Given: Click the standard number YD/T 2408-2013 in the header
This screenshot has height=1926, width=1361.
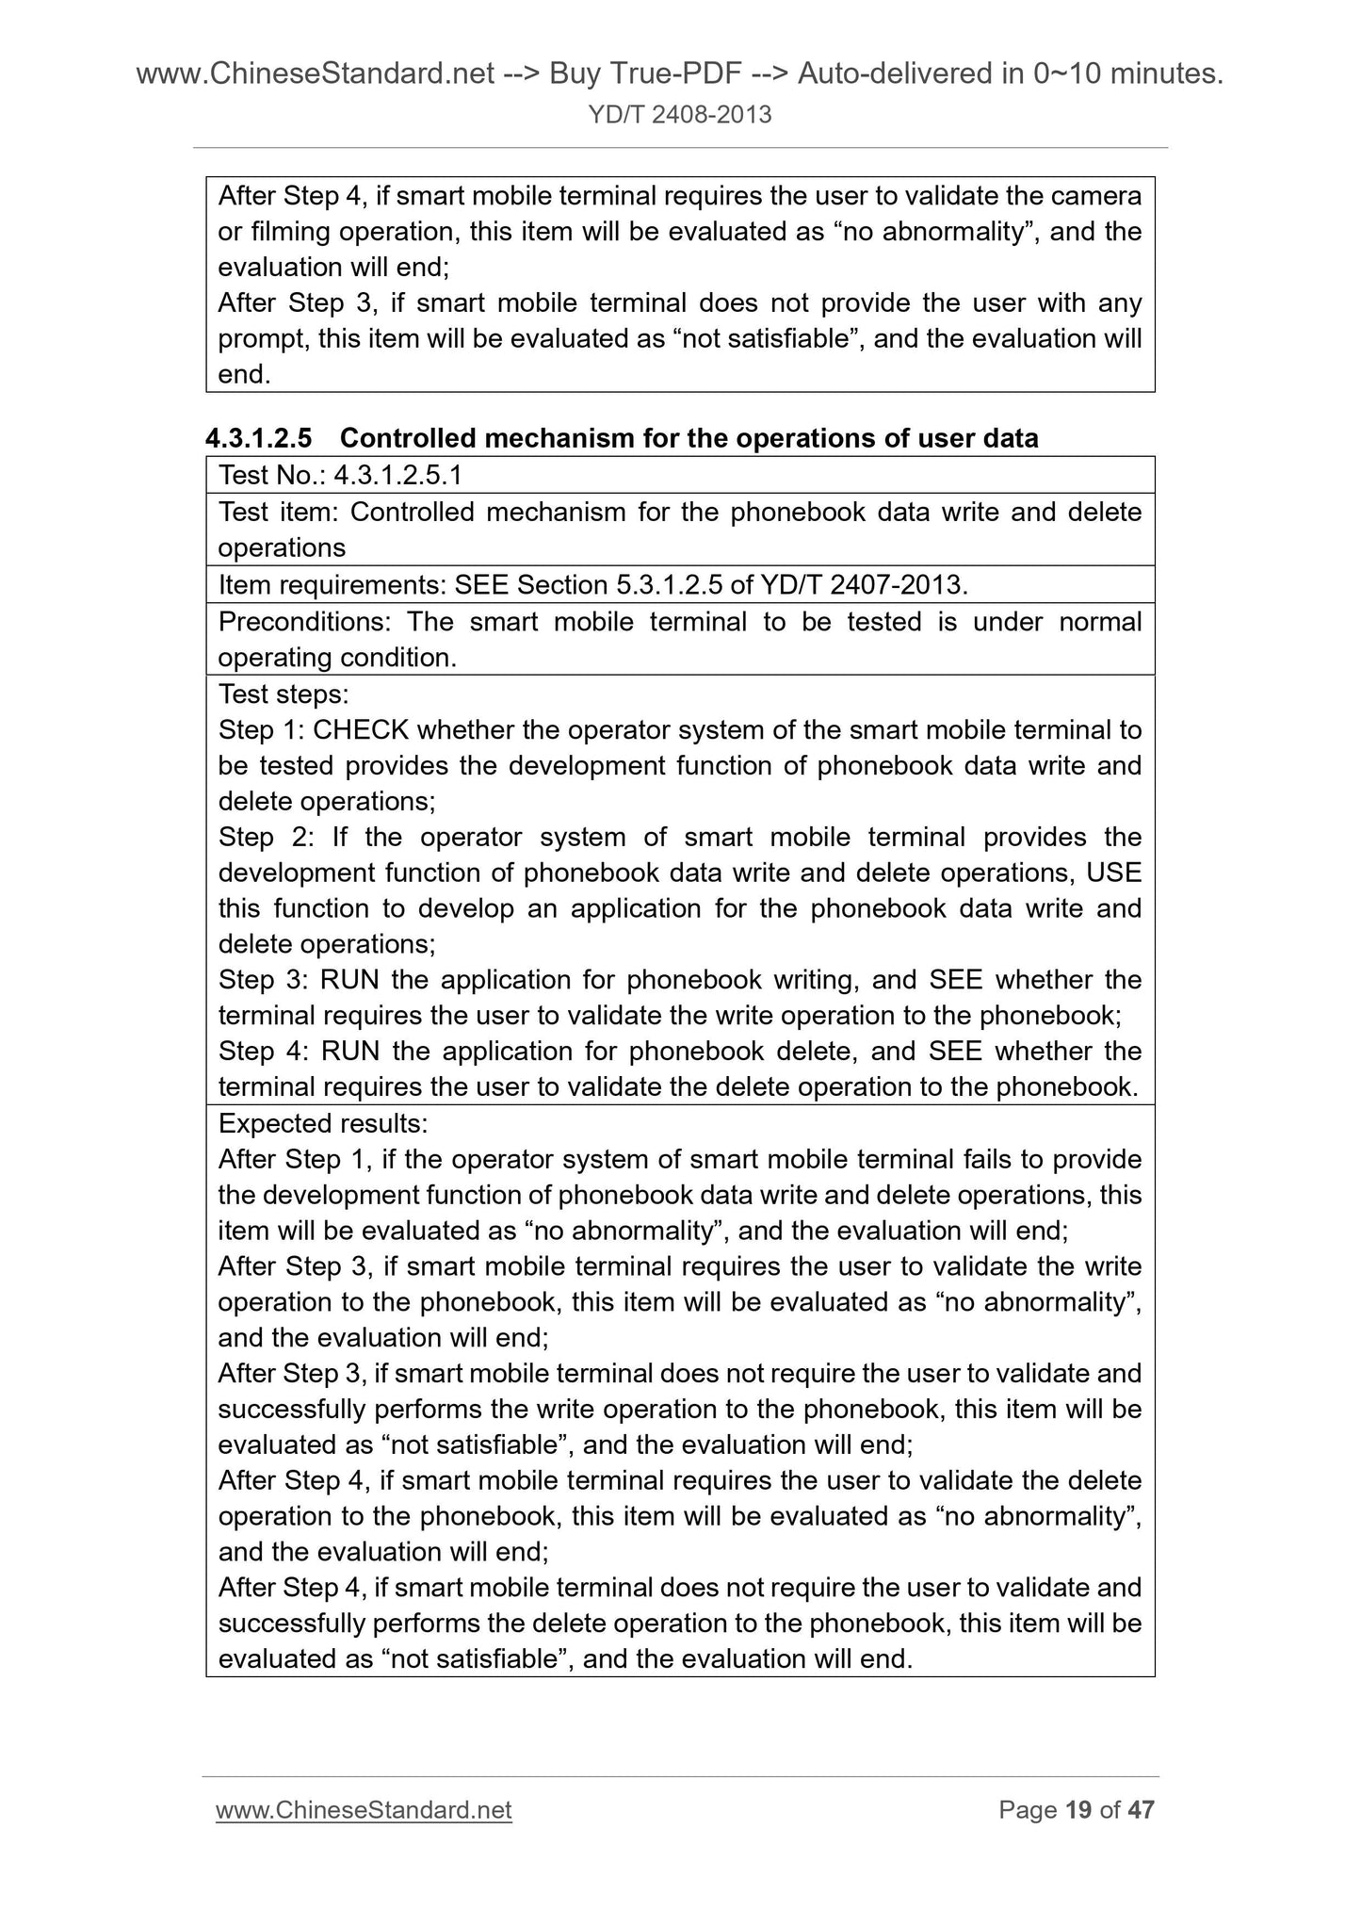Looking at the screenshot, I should tap(680, 115).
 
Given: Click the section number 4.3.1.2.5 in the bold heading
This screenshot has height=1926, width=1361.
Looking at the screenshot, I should tap(259, 438).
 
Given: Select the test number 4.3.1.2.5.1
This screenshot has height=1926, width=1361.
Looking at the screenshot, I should tap(397, 475).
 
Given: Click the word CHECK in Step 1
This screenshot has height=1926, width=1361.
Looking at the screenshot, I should tap(361, 730).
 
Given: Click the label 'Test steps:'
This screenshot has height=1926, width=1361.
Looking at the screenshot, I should tap(284, 694).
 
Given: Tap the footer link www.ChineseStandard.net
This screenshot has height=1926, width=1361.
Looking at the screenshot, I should tap(364, 1810).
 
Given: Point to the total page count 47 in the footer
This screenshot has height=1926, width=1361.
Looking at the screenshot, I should tap(1141, 1810).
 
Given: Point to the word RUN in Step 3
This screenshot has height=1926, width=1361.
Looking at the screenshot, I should tap(349, 980).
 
